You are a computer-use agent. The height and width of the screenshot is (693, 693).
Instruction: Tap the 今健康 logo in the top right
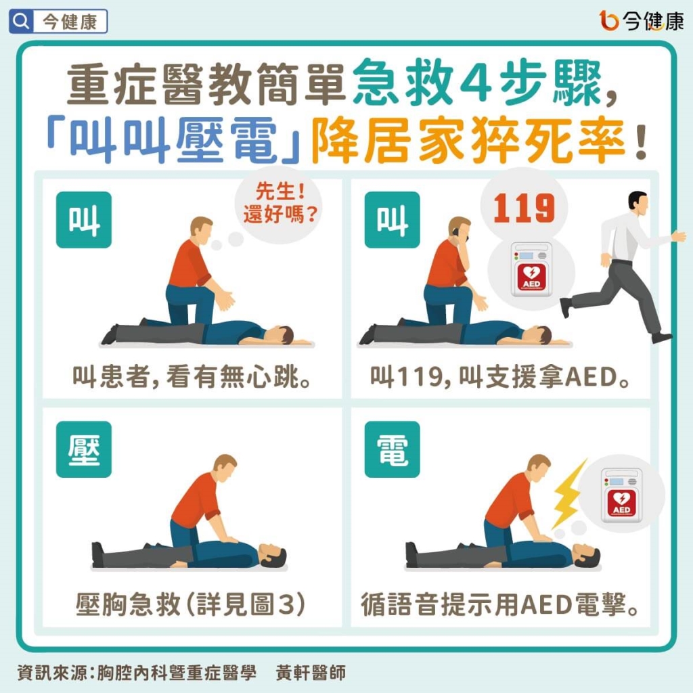641,22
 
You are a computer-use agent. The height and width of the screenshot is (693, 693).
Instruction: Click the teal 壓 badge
83,449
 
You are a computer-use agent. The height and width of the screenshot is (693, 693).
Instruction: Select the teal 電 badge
392,449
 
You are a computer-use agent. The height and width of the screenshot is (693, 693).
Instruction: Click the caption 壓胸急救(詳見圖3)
192,604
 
